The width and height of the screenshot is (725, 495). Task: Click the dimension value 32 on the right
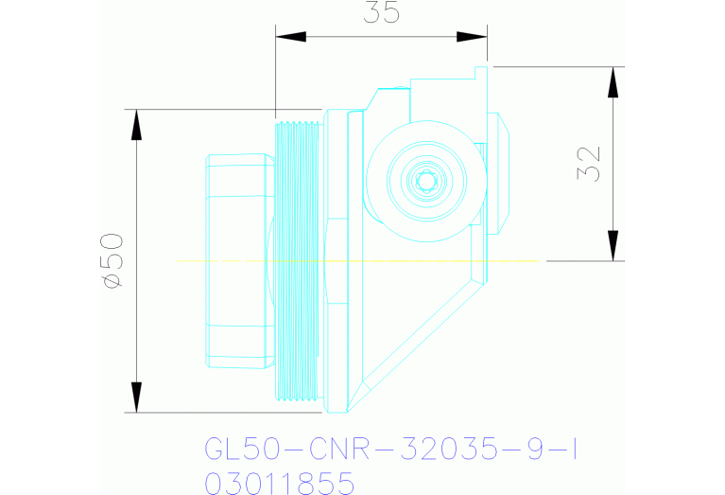(x=588, y=164)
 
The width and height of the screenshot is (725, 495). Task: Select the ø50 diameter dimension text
(x=111, y=260)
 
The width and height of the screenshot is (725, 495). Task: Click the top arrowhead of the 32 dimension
(x=614, y=82)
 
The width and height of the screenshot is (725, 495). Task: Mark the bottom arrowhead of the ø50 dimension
(x=137, y=398)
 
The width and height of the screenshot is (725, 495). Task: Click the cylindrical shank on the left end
(x=236, y=260)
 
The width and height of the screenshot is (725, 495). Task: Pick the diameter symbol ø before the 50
(x=111, y=281)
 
